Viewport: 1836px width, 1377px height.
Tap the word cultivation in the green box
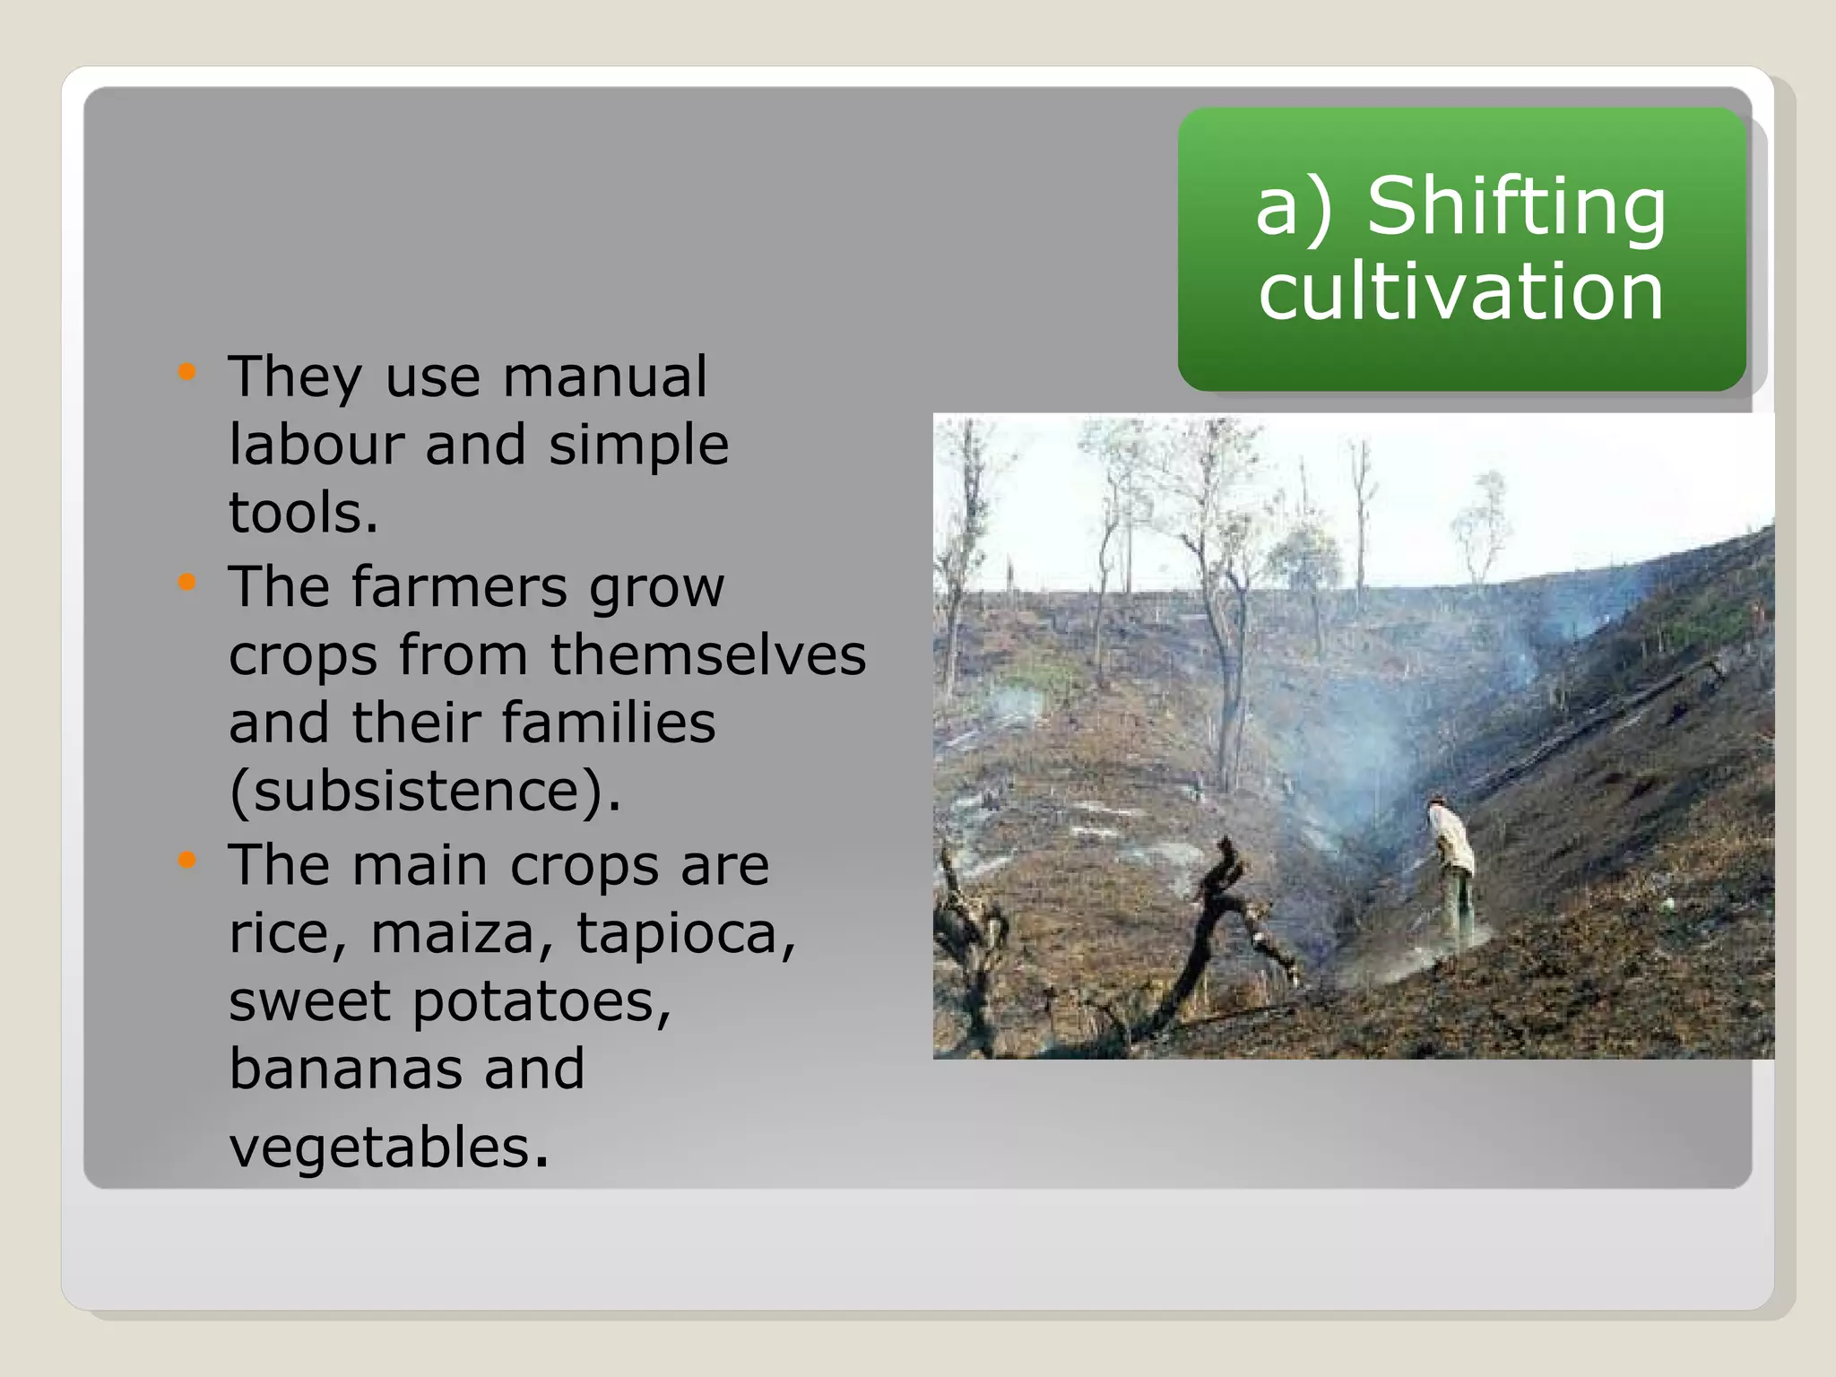coord(1460,291)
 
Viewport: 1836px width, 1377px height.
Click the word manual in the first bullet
coord(604,377)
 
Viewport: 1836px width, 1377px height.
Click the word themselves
coord(708,654)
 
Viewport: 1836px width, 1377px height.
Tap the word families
coord(609,723)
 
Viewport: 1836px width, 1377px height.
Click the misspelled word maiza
coord(452,933)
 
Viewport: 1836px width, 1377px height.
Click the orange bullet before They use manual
coord(186,372)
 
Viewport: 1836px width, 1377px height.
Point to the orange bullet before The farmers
coord(186,583)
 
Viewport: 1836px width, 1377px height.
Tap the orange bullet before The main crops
coord(186,862)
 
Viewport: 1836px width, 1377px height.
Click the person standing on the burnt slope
coord(1453,870)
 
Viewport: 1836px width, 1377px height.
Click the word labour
coord(314,445)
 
